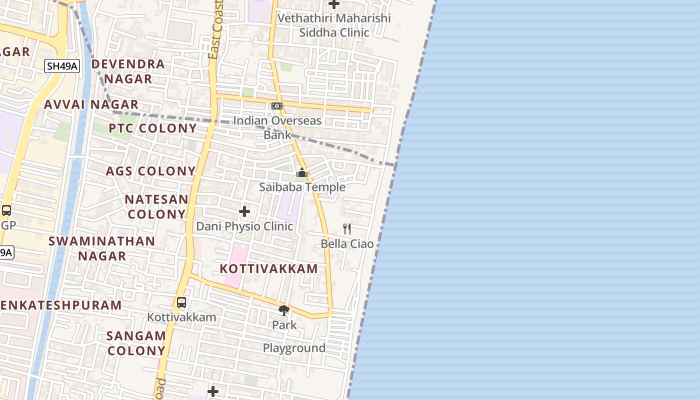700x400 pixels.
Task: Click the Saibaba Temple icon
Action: [301, 173]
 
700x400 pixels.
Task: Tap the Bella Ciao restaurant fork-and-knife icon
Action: [346, 229]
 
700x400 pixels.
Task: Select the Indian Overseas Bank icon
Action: [277, 106]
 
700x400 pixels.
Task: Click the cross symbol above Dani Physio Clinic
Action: [244, 211]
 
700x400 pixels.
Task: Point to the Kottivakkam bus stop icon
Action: [181, 302]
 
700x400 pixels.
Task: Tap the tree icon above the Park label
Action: [284, 310]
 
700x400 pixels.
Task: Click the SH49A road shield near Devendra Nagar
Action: [62, 66]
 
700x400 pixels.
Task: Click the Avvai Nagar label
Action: [91, 104]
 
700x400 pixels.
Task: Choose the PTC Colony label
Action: [153, 128]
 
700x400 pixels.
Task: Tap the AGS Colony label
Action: [150, 171]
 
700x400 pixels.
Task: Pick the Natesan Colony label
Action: [156, 206]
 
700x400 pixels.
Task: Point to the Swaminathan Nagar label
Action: [101, 248]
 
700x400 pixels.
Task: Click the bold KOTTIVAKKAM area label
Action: [269, 268]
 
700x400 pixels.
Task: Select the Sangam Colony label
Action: [136, 343]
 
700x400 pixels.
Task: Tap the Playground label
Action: [294, 348]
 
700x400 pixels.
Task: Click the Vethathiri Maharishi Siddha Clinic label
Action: [334, 25]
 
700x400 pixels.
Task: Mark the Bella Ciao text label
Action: [347, 244]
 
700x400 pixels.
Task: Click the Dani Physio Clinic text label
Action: [244, 226]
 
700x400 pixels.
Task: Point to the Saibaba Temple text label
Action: [302, 187]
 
